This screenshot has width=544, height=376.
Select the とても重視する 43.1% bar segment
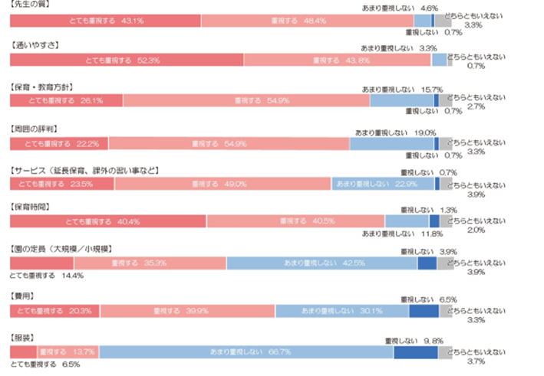click(x=104, y=21)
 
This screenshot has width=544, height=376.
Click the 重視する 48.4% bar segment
click(x=307, y=21)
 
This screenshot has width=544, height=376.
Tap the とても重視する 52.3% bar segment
click(x=127, y=60)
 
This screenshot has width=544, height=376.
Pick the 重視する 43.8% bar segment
click(x=337, y=60)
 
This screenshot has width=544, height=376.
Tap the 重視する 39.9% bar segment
click(x=186, y=311)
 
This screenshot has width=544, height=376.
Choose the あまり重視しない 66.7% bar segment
click(x=246, y=352)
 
